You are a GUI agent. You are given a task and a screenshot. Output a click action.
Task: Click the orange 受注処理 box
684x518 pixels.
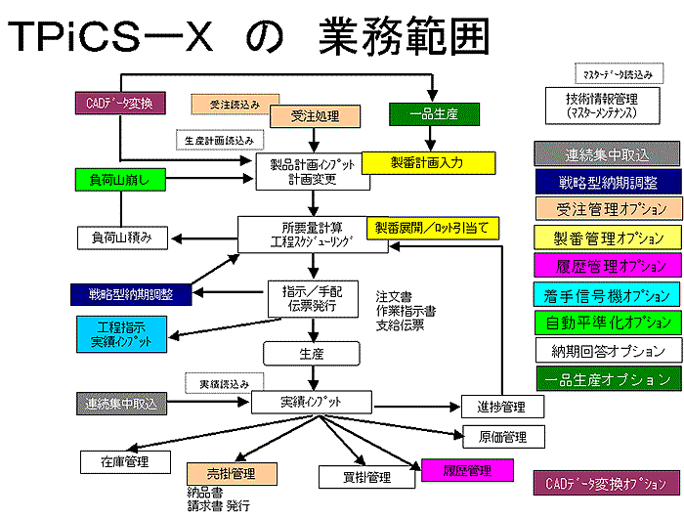(x=315, y=116)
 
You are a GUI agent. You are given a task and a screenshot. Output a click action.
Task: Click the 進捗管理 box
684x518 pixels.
(x=501, y=407)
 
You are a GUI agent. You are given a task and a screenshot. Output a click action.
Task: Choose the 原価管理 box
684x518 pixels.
(x=501, y=436)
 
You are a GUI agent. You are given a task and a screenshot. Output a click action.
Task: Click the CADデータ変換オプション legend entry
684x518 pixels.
(x=606, y=483)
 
